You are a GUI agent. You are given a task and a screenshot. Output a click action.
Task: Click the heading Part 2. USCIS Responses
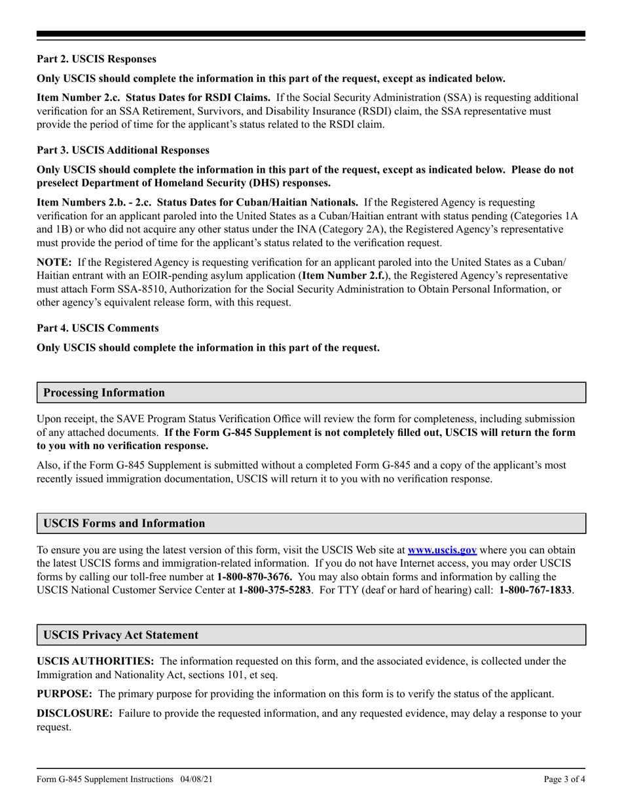point(96,59)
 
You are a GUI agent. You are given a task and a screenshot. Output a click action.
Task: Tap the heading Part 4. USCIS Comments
point(98,328)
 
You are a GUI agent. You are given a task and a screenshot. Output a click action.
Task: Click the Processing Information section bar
point(310,393)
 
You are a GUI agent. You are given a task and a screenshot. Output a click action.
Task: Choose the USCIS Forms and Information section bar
point(310,524)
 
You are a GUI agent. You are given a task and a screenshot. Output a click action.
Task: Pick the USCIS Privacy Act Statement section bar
point(310,635)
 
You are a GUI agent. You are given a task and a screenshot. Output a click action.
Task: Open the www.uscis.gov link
point(442,550)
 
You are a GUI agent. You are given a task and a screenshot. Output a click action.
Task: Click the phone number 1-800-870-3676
point(254,563)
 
